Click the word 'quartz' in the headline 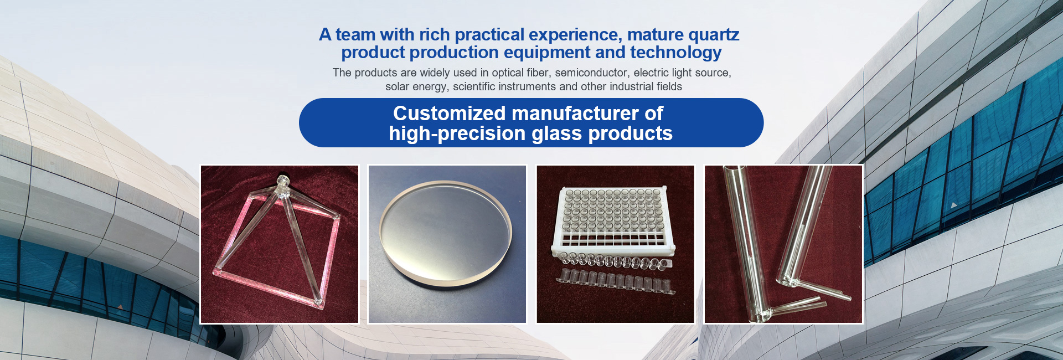(714, 35)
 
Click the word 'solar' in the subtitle (398, 86)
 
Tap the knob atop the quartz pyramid (282, 182)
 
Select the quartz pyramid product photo (279, 244)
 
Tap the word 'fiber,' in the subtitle (539, 73)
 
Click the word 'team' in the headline (355, 35)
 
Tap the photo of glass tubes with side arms (783, 244)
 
